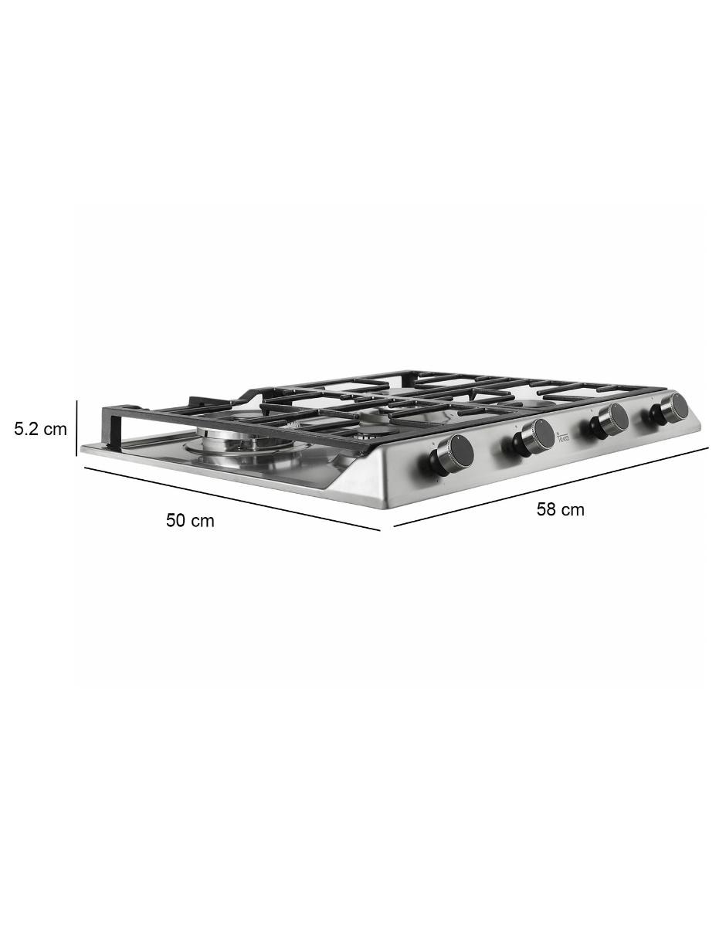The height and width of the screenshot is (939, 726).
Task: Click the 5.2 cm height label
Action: point(41,429)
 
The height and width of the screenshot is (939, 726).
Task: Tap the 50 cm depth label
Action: point(190,520)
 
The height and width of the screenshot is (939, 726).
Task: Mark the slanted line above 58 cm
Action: point(551,488)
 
